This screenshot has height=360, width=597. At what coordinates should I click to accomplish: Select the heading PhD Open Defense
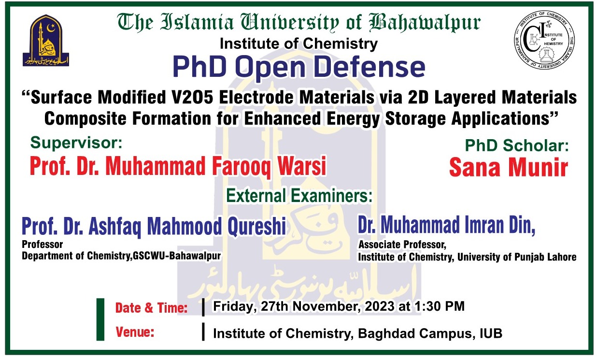[x=298, y=68]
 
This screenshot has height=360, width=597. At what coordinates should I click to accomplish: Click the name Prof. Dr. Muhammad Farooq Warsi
[x=178, y=167]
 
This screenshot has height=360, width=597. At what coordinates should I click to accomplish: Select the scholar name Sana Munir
[x=508, y=168]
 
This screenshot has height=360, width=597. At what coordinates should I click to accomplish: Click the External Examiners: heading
[x=299, y=196]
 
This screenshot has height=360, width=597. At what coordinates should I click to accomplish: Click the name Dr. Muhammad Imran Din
[x=446, y=225]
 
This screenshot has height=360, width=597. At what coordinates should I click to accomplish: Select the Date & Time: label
[x=151, y=308]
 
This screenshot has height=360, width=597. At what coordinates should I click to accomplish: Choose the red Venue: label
[x=135, y=332]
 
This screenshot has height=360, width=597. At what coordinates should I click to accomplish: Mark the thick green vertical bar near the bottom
[x=100, y=319]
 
